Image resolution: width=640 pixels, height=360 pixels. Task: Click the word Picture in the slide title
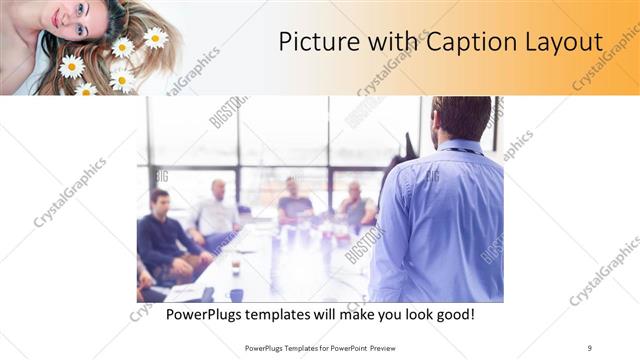coord(313,43)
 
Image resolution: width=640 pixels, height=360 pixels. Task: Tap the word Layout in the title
coord(565,43)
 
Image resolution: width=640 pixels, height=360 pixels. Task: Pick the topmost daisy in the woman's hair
coord(155,38)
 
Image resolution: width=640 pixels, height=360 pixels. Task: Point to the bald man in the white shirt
coord(216,212)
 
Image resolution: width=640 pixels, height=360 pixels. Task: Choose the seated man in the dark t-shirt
coord(293,205)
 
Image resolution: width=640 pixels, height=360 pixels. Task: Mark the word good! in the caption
coord(452,314)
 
